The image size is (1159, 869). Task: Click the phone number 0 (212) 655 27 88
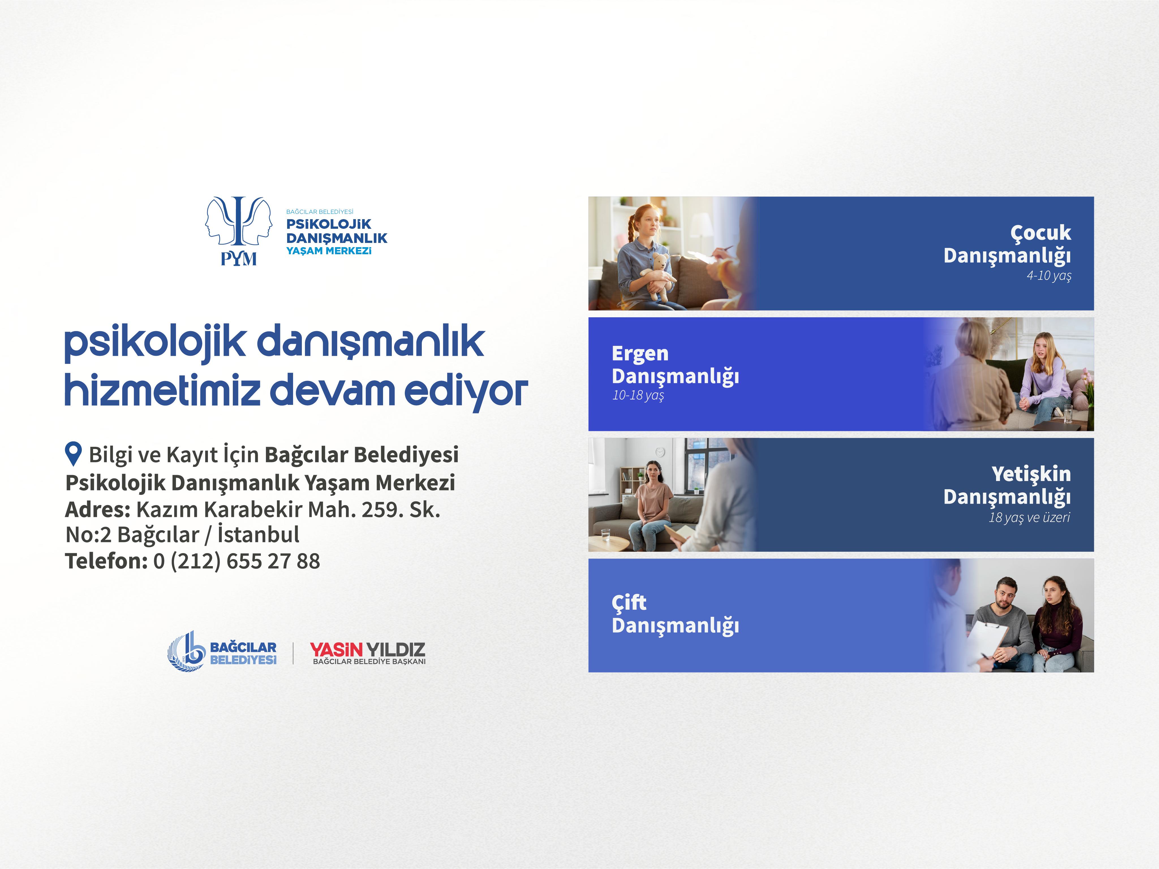point(236,561)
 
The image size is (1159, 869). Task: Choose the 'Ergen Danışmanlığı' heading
point(675,365)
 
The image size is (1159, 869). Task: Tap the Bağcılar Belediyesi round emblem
point(186,651)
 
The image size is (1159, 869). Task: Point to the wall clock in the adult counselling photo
point(660,452)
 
